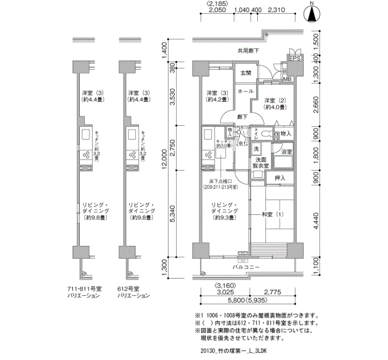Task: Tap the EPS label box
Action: [294, 59]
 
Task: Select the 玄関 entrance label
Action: [245, 73]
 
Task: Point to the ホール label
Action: [245, 91]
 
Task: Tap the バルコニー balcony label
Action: [246, 268]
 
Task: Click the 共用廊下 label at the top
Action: [248, 50]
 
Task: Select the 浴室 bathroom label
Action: [287, 151]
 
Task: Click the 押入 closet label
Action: [280, 178]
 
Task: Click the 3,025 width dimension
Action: [224, 292]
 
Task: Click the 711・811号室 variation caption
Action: [83, 292]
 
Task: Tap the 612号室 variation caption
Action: [132, 292]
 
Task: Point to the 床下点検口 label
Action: [223, 184]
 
